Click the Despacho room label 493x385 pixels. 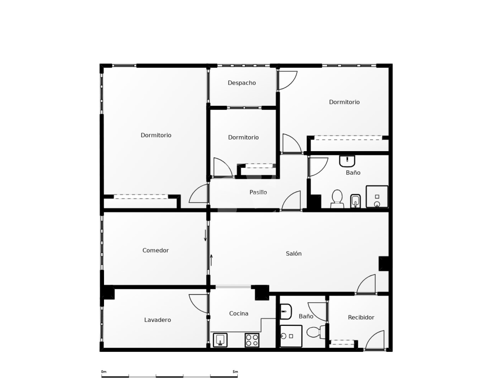[x=242, y=83]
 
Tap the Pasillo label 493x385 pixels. [x=258, y=192]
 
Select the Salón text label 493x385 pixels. [x=294, y=253]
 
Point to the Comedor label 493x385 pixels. [x=156, y=250]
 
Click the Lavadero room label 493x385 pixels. [x=157, y=320]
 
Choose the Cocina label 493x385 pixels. [x=239, y=313]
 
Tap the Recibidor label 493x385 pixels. [x=361, y=318]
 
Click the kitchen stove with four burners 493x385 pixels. [x=252, y=340]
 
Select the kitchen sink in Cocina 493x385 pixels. [x=220, y=340]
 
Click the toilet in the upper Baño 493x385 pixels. [x=337, y=199]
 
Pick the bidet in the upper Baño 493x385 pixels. [x=355, y=201]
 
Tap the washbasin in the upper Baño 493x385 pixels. [x=347, y=161]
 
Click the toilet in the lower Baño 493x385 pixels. [x=316, y=332]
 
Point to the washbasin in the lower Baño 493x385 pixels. [x=285, y=311]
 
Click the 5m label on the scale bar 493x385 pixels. [x=235, y=372]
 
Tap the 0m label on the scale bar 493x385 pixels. [x=104, y=372]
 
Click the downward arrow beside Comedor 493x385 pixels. [x=205, y=235]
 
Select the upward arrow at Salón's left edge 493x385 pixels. [x=212, y=260]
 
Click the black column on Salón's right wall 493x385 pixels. [x=384, y=263]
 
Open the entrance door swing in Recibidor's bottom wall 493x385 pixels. [x=375, y=340]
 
